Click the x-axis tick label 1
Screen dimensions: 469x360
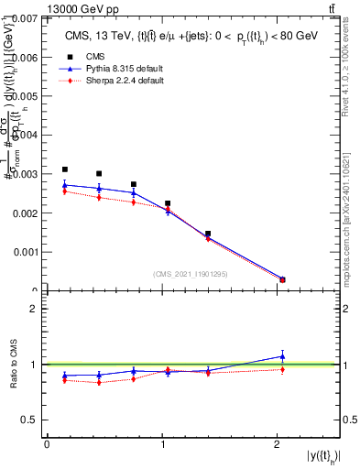point(162,444)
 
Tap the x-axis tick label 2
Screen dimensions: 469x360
point(278,444)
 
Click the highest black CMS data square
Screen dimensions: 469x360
point(65,169)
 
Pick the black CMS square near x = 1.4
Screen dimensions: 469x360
point(208,234)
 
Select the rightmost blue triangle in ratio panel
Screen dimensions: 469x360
point(282,355)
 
